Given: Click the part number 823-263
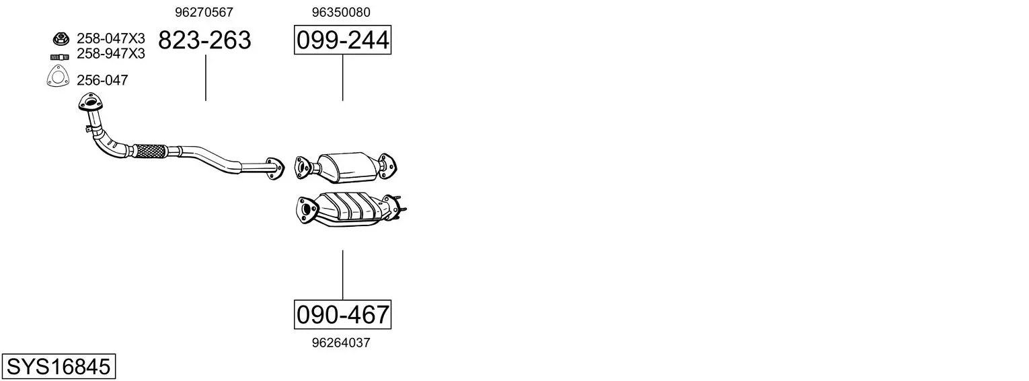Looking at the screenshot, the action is coord(205,40).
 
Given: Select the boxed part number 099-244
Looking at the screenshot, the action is coord(343,40).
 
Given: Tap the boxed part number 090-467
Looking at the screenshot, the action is coord(343,315).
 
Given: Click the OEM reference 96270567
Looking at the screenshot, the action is coord(204,12).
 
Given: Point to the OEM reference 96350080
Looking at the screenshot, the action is coord(341,12).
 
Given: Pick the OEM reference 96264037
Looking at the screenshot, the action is coord(341,343).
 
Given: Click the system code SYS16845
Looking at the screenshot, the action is coord(59,367).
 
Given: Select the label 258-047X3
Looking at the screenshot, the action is coord(111,38).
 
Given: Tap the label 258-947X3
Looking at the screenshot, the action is coord(111,54).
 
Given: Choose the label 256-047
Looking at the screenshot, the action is coord(102,80).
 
